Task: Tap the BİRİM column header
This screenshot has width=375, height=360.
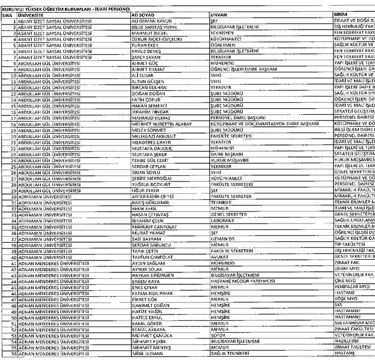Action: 341,15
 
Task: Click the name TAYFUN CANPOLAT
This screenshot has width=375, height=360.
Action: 136,257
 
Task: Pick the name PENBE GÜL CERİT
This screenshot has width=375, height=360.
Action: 135,161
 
